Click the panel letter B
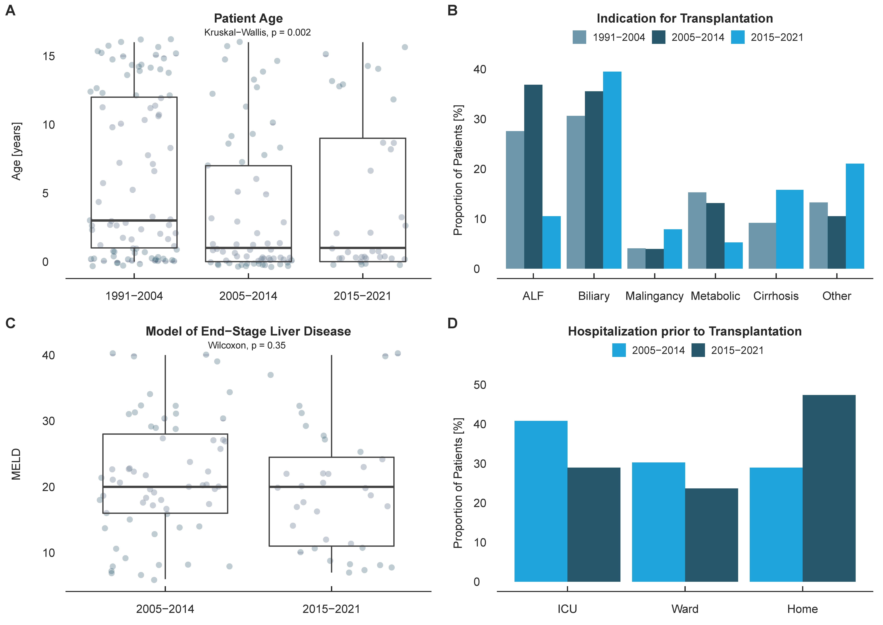(x=453, y=10)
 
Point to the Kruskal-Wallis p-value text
(x=257, y=32)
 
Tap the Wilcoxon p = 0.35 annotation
(x=247, y=345)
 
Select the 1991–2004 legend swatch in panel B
(x=579, y=37)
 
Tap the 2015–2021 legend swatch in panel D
(x=698, y=350)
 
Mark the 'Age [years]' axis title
(x=16, y=151)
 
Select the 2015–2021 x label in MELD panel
(x=331, y=609)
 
